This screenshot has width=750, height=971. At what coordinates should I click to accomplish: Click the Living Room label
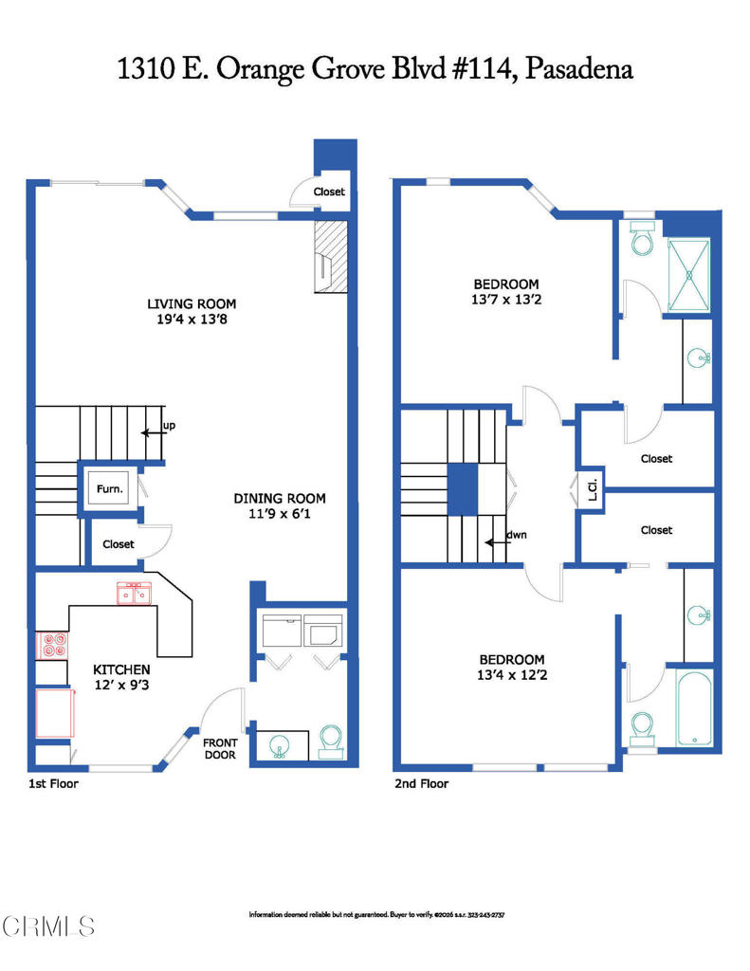coord(191,303)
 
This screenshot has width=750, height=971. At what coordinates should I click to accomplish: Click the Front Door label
coord(221,749)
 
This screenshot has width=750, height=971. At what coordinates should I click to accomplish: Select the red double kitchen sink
coord(133,594)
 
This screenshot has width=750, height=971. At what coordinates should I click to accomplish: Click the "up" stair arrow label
coord(168,425)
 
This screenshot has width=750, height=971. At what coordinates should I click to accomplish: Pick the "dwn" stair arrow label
coord(516,534)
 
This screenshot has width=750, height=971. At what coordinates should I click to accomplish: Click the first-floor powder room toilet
coord(332,738)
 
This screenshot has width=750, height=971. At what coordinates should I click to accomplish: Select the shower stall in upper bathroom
coord(690,274)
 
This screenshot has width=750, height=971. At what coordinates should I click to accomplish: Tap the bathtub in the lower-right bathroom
coord(694,708)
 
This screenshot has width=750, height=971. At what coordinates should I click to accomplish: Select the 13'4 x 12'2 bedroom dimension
coord(511,676)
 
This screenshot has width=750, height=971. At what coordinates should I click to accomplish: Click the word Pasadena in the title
coord(578,69)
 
